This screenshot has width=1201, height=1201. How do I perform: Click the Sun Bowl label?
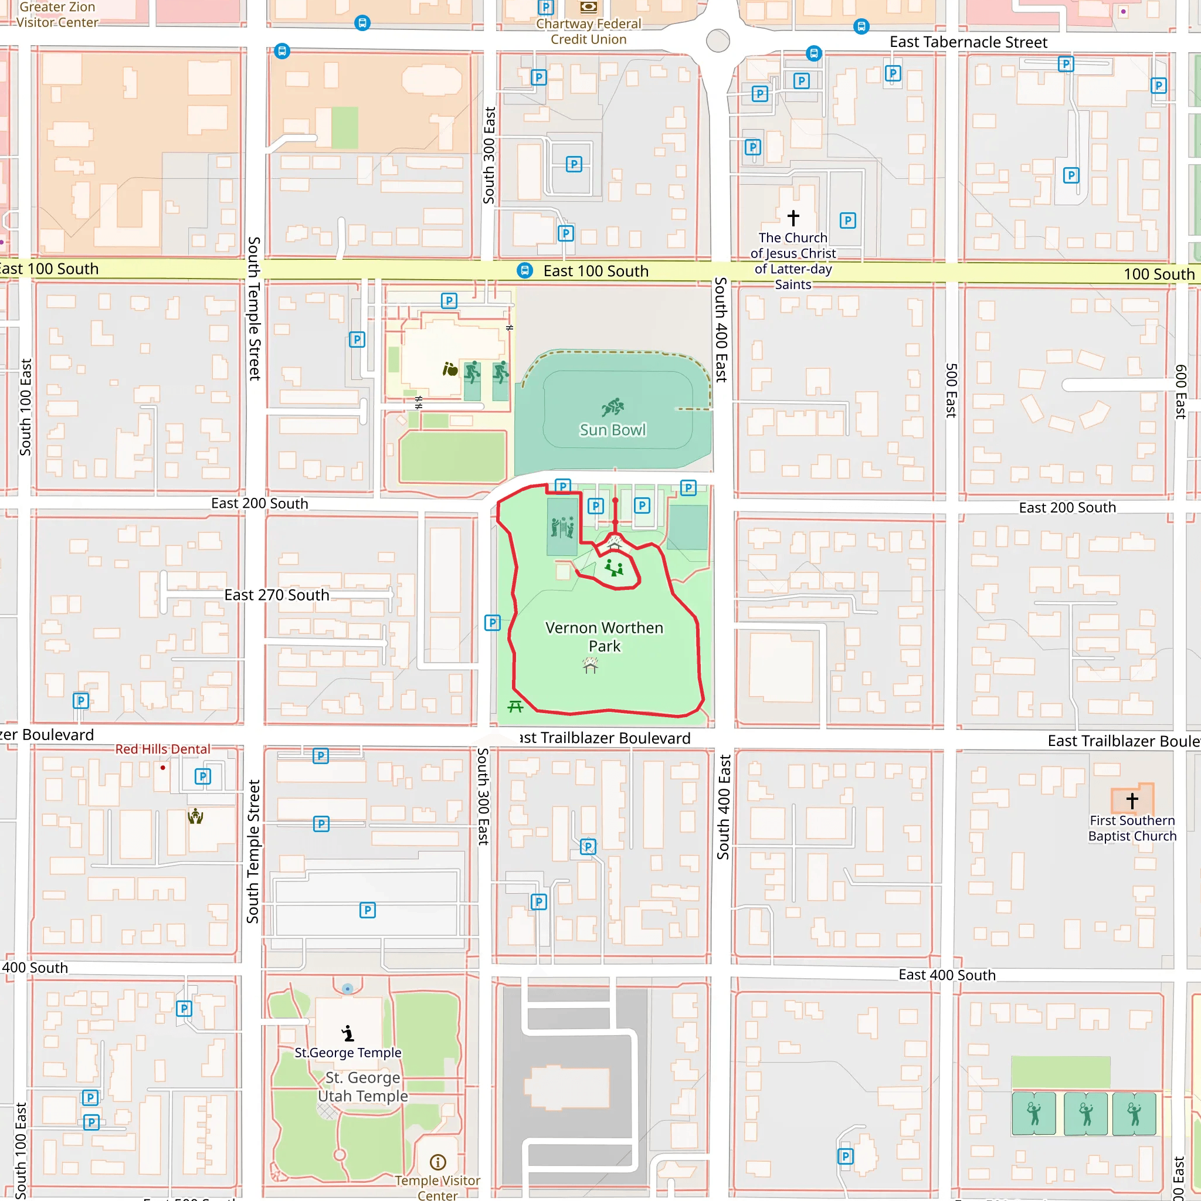[612, 430]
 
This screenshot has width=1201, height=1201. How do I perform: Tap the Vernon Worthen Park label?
[604, 636]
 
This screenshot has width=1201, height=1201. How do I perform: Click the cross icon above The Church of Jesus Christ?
[793, 218]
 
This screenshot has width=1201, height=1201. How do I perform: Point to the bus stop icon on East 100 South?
[525, 270]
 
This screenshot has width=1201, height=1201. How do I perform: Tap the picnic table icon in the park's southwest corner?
[515, 706]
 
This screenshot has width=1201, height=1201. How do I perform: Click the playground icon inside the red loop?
[614, 568]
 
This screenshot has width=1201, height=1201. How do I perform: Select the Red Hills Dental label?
[162, 749]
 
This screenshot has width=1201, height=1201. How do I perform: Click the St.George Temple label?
[348, 1053]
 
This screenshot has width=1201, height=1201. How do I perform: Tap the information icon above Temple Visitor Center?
[437, 1162]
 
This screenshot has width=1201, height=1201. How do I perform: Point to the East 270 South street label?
[277, 595]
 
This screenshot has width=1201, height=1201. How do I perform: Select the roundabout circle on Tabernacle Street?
[718, 41]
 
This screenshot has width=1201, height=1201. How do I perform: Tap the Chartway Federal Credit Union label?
[588, 32]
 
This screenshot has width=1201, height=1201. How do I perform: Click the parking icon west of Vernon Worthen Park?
[493, 622]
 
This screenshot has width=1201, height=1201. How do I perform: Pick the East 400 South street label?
[946, 975]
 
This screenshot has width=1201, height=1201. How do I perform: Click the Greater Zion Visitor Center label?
[57, 15]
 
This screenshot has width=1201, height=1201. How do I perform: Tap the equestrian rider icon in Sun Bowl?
[613, 407]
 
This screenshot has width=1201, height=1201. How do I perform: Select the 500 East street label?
[951, 390]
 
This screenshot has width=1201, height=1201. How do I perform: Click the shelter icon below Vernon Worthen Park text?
[591, 666]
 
